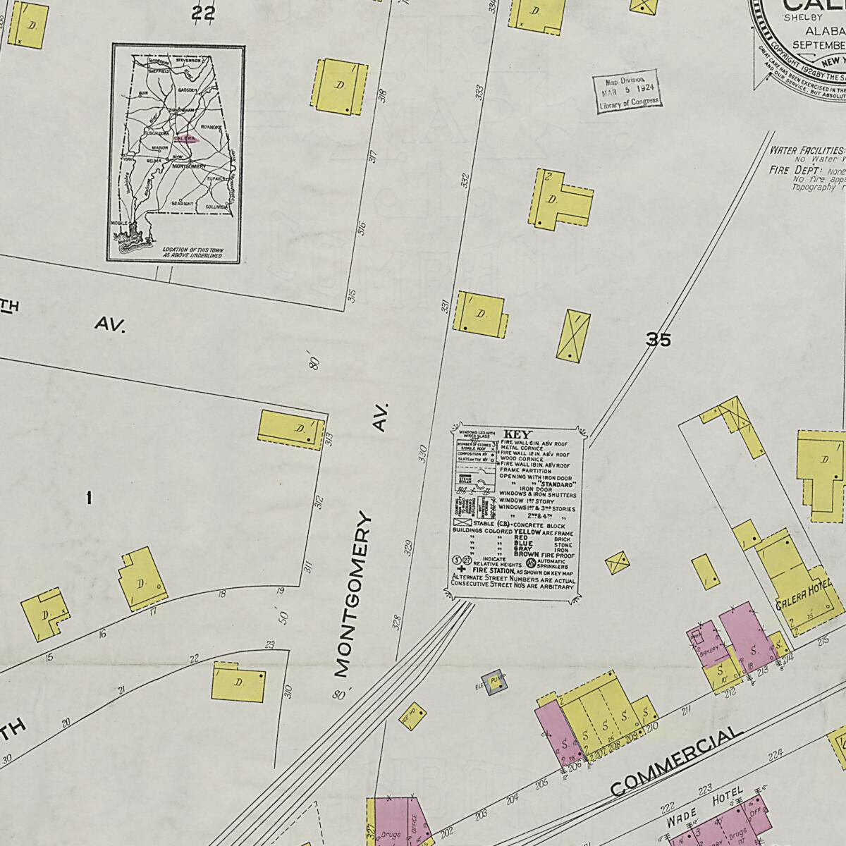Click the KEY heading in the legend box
point(517,434)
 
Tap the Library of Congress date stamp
point(628,90)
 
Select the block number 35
point(658,340)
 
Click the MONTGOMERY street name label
point(352,596)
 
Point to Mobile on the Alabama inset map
point(121,223)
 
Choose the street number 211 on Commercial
point(685,711)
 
